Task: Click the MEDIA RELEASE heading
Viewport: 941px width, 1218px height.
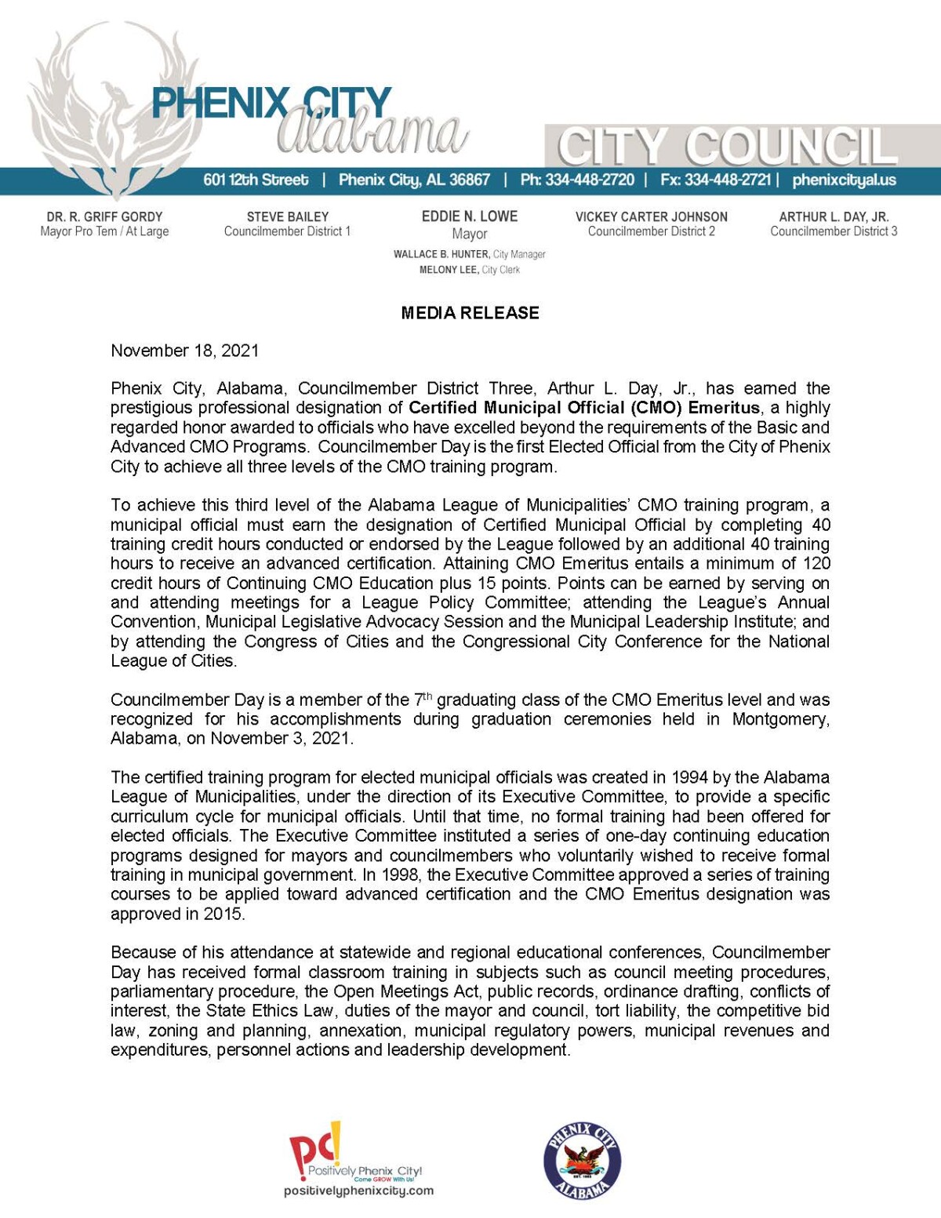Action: (x=470, y=313)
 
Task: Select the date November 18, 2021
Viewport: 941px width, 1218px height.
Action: (x=184, y=351)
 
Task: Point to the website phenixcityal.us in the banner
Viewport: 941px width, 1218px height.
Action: (x=844, y=180)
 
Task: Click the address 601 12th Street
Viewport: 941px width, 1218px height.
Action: (x=256, y=180)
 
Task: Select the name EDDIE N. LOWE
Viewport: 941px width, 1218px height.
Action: (x=470, y=216)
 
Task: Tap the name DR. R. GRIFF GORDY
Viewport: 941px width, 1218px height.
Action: (x=104, y=216)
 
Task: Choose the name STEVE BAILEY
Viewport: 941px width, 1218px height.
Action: (x=288, y=216)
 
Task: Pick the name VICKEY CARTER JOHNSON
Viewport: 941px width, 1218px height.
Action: (x=651, y=216)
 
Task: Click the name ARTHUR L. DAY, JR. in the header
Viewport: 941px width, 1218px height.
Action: (x=834, y=216)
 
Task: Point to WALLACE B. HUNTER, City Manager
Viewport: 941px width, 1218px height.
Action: (x=469, y=254)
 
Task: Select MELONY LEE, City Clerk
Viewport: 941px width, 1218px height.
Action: (x=469, y=270)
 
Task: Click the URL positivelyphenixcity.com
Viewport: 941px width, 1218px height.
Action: (x=358, y=1191)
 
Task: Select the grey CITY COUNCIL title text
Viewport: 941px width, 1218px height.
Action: (x=726, y=147)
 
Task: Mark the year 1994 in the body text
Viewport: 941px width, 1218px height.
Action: (x=689, y=777)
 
